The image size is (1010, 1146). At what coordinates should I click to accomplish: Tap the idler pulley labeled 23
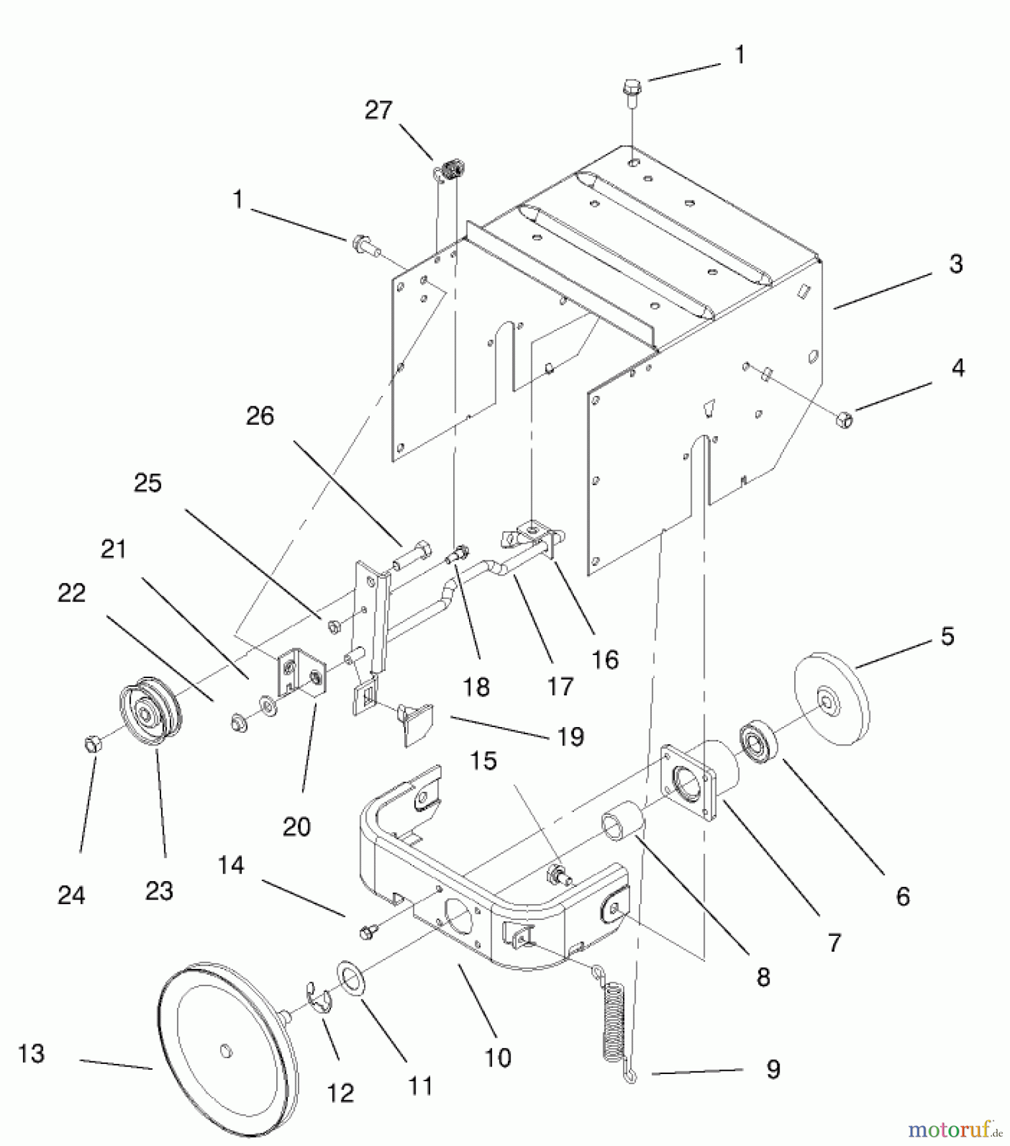point(150,711)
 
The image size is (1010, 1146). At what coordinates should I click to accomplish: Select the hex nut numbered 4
point(845,420)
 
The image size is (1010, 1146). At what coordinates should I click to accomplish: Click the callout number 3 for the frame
point(955,264)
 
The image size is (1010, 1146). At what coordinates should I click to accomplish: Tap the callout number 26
point(260,417)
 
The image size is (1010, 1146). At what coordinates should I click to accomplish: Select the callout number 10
point(498,1058)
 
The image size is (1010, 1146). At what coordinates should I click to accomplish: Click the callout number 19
point(570,737)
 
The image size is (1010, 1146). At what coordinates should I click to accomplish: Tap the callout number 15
point(484,761)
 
